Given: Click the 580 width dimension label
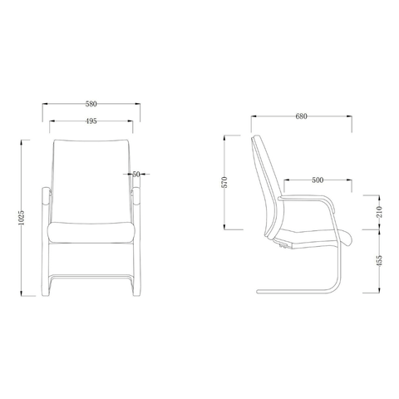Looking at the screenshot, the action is (x=91, y=104).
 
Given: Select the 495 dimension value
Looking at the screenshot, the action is (x=91, y=121).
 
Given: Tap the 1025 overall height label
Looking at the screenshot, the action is (x=22, y=218).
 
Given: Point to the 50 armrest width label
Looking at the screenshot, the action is (x=136, y=175).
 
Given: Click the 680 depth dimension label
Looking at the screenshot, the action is (x=301, y=116).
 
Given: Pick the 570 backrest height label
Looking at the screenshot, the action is (x=224, y=182).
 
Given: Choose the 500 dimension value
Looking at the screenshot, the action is (x=318, y=180).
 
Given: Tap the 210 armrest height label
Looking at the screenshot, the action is (x=379, y=212).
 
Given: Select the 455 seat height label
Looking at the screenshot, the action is (x=379, y=261).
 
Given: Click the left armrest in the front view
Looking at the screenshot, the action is (x=46, y=196).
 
